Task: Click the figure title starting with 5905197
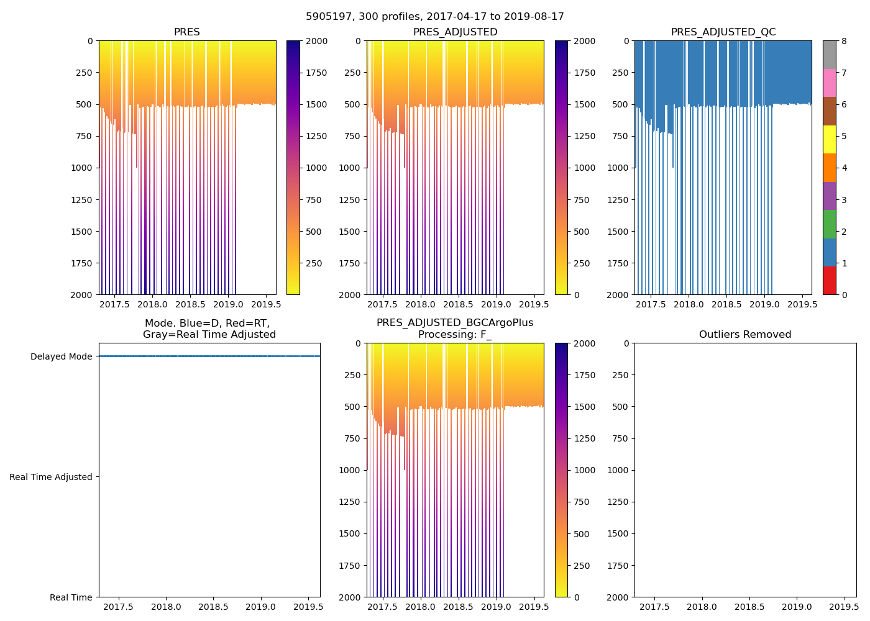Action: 435,17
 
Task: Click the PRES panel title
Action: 187,32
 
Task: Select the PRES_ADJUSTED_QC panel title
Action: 723,32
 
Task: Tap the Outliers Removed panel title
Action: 745,335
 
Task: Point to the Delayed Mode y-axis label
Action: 61,356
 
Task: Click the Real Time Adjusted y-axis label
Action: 51,477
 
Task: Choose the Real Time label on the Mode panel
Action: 71,597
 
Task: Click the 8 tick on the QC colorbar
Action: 844,41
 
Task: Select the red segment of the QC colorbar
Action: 829,281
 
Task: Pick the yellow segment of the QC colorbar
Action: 829,139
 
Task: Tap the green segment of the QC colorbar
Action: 829,224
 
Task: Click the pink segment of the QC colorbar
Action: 829,83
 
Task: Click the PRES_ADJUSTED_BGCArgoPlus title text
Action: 455,323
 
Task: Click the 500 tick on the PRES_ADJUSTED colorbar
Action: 583,232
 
